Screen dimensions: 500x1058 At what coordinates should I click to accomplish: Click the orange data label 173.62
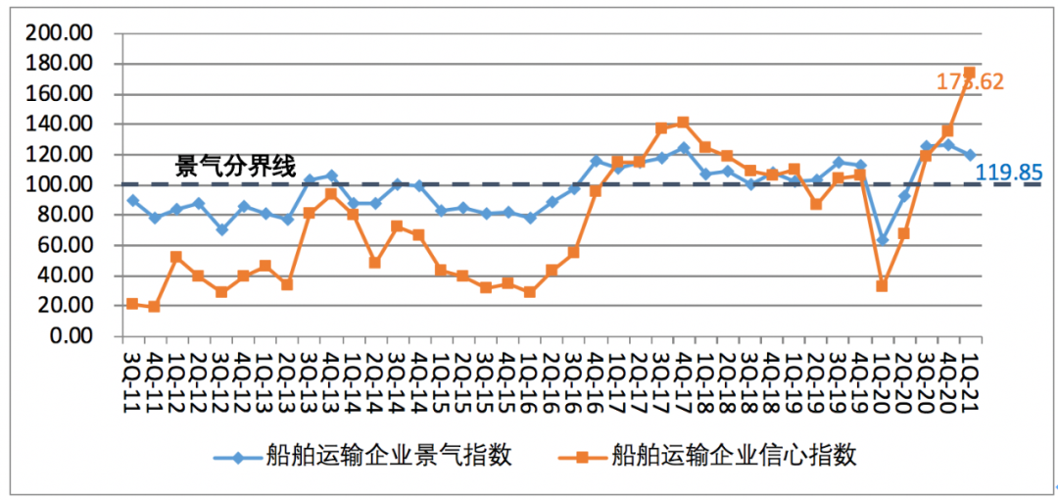coord(970,82)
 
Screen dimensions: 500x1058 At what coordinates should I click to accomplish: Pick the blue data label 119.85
coord(1008,174)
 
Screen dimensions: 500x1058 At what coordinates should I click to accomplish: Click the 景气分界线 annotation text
coord(234,167)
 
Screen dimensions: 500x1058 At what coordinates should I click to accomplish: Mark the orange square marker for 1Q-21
coord(969,74)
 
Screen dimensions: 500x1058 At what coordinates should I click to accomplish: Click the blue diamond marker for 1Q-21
coord(969,155)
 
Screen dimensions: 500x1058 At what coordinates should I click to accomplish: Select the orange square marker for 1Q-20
coord(882,285)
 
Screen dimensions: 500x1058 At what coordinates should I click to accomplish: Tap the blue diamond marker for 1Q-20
coord(882,239)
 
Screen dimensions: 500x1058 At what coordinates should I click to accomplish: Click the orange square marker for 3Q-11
coord(132,304)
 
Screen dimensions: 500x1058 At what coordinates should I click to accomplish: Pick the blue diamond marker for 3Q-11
coord(132,200)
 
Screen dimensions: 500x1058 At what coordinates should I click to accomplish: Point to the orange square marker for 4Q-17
coord(683,123)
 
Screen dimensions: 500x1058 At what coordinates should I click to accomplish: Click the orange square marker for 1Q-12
coord(176,257)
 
